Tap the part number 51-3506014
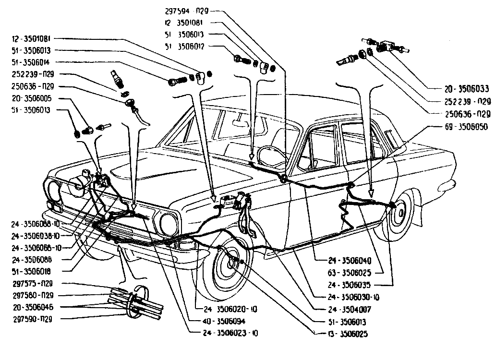point(33,62)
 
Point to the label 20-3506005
point(33,98)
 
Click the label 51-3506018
point(33,271)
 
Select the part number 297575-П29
point(33,284)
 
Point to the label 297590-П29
point(33,319)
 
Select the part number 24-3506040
point(350,261)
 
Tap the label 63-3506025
point(350,273)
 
